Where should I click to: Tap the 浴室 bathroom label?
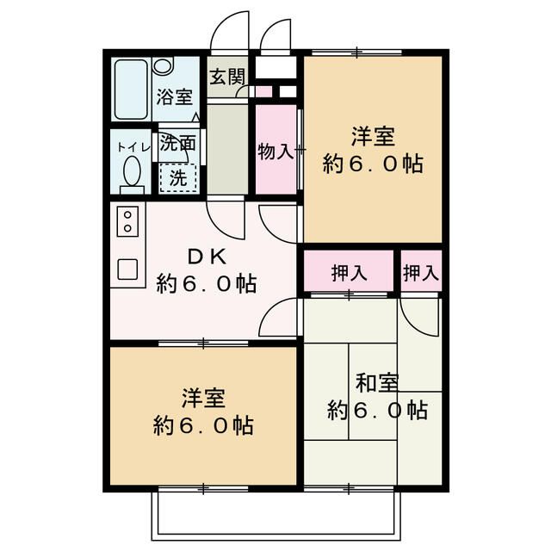pyautogui.click(x=173, y=96)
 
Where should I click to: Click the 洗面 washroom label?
pyautogui.click(x=178, y=144)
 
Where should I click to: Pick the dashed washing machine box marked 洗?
pyautogui.click(x=177, y=178)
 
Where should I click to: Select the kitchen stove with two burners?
pyautogui.click(x=127, y=220)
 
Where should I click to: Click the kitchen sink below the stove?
pyautogui.click(x=127, y=269)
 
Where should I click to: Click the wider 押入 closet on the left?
pyautogui.click(x=349, y=273)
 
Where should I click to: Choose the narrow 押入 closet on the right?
pyautogui.click(x=421, y=273)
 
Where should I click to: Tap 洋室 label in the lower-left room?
pyautogui.click(x=203, y=399)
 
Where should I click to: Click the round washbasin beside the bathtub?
pyautogui.click(x=164, y=69)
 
